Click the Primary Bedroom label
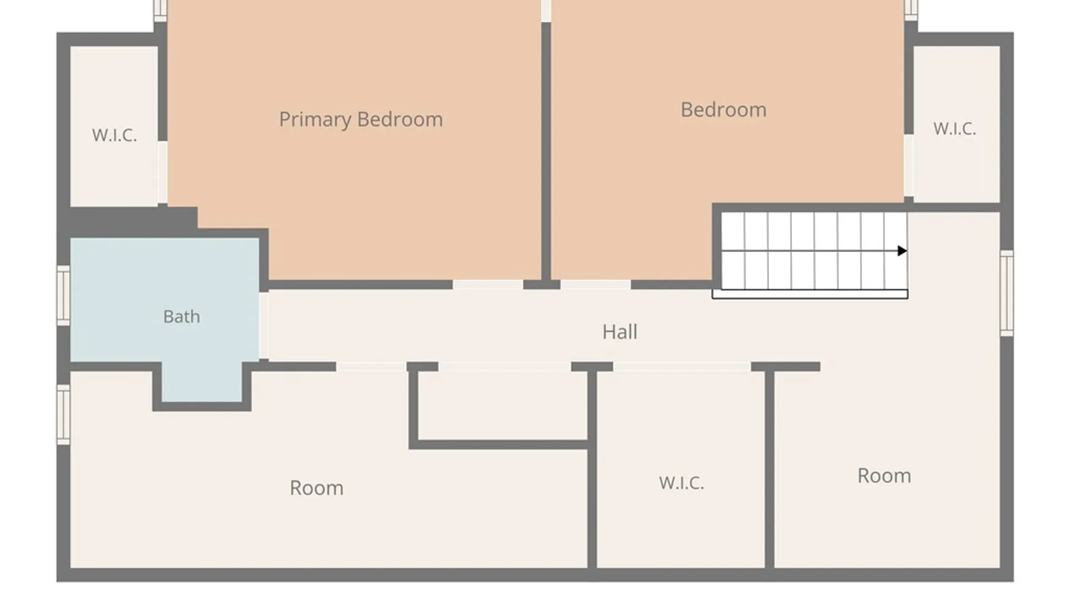coord(361,120)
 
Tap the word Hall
coord(620,332)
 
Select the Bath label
coord(182,317)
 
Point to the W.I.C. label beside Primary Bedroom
coord(114,135)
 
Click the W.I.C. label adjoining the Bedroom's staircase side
coord(955,129)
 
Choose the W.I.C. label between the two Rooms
coord(681,483)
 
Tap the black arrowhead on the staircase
coord(903,251)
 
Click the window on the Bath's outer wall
coord(63,295)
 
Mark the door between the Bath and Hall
coord(264,326)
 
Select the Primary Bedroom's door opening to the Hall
coord(488,285)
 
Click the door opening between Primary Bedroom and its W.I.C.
coord(162,172)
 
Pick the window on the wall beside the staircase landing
coord(1007,293)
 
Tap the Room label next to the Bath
coord(316,488)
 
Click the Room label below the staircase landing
coord(884,476)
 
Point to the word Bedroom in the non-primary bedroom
coord(723,110)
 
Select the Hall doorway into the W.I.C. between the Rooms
coord(682,367)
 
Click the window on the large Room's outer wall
coord(63,415)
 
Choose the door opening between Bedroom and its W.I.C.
coord(909,165)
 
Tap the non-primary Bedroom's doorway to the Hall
coord(596,285)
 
